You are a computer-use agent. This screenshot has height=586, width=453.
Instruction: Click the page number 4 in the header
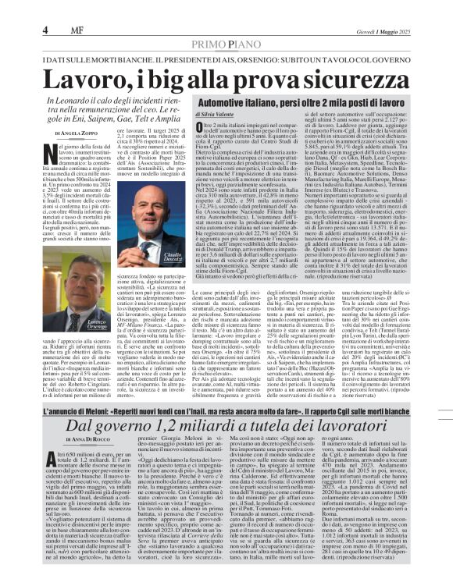[46, 29]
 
